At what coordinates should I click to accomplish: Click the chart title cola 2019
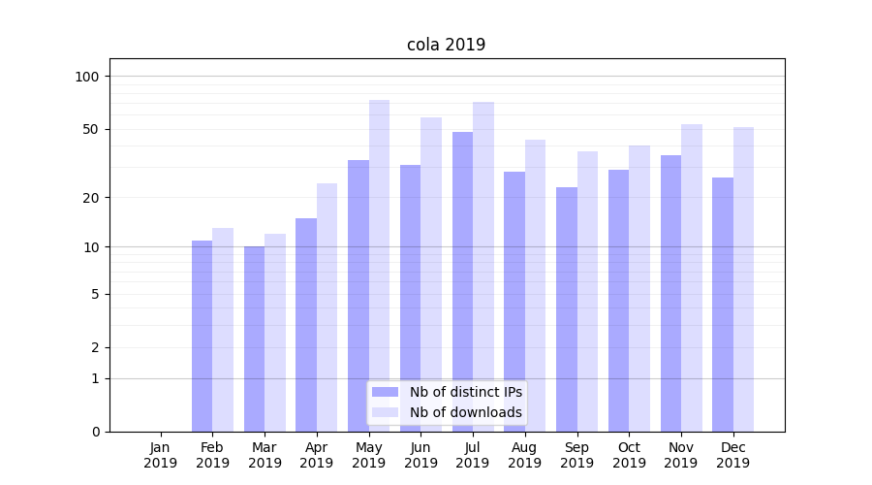(446, 45)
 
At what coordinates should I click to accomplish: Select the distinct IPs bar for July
(462, 281)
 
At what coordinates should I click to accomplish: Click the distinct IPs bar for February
(202, 336)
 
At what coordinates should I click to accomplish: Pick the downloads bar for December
(743, 279)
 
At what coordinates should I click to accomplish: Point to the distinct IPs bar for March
(254, 339)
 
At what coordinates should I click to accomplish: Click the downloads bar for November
(692, 277)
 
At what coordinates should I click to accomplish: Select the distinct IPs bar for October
(618, 301)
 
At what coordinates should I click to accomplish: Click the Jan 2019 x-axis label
(161, 455)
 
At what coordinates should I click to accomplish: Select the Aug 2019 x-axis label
(525, 455)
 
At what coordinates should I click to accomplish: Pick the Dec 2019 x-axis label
(733, 455)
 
